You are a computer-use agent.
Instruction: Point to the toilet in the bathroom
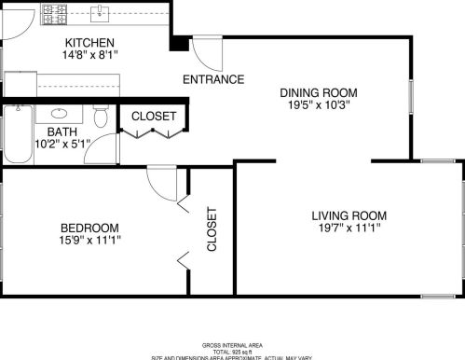(x=103, y=116)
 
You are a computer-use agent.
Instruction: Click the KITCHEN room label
(x=89, y=43)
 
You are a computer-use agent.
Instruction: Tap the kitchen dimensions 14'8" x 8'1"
(x=89, y=56)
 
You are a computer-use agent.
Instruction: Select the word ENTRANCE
(x=213, y=79)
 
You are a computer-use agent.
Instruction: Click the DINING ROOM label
(x=319, y=92)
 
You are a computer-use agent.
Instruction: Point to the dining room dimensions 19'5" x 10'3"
(x=319, y=105)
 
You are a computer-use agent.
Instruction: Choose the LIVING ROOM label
(x=349, y=215)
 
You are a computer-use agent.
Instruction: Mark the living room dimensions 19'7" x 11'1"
(x=349, y=228)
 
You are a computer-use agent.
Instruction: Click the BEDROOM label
(x=90, y=228)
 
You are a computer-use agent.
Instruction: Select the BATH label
(x=62, y=132)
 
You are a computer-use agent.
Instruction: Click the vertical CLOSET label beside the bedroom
(x=212, y=229)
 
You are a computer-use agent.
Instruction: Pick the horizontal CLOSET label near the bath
(x=154, y=116)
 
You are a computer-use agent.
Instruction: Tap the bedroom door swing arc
(x=162, y=184)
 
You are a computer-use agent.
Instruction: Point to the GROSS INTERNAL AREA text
(x=231, y=344)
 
